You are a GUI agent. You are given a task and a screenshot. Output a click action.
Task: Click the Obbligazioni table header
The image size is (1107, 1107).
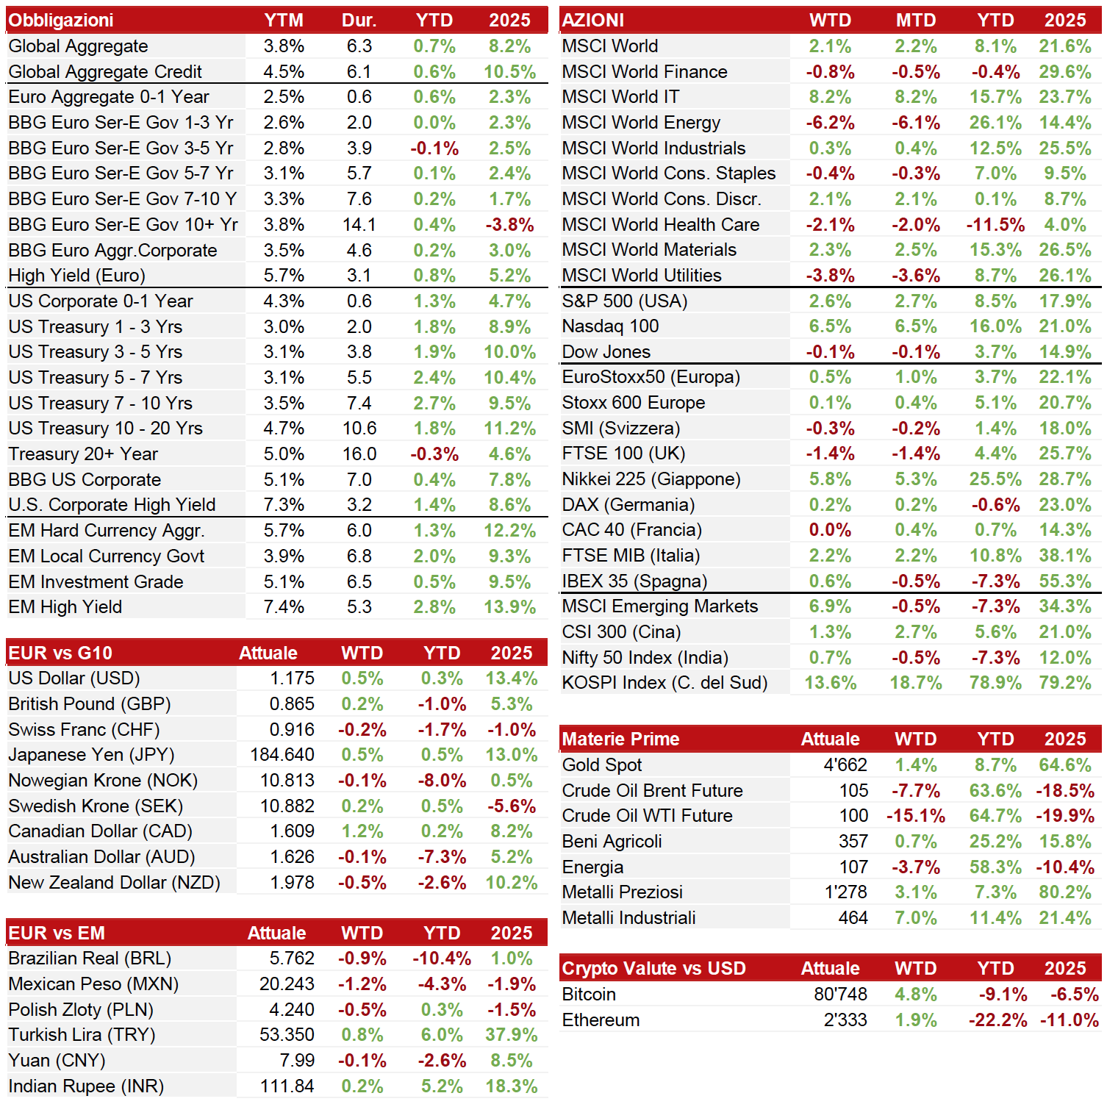point(61,21)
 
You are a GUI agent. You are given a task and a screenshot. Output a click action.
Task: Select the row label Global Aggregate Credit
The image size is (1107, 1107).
point(105,72)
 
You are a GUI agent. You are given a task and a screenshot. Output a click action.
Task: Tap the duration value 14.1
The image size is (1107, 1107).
point(359,225)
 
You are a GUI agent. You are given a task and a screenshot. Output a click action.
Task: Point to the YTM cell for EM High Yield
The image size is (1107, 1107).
point(284,607)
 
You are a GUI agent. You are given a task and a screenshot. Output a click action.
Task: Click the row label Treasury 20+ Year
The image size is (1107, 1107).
point(83,454)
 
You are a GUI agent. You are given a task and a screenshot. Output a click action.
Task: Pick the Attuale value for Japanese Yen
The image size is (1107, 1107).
point(282,755)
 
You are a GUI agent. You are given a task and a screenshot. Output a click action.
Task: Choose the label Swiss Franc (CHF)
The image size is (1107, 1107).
point(84,730)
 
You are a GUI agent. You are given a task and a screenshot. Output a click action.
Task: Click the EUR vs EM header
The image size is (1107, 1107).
point(57,934)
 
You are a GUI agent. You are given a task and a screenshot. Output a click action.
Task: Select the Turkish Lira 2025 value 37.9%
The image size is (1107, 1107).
point(512,1035)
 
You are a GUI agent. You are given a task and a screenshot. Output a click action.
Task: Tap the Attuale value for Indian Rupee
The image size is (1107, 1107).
point(287,1086)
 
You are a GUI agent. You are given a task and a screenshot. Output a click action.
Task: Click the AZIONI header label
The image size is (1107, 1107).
point(593,21)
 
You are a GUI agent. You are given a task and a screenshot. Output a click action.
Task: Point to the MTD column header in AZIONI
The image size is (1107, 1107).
point(916,21)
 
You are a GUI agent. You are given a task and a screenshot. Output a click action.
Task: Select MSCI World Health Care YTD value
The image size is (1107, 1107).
point(996,225)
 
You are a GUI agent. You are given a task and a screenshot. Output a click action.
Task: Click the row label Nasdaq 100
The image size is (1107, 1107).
point(611,326)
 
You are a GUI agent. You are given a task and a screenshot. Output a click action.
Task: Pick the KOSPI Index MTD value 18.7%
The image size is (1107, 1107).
point(916,683)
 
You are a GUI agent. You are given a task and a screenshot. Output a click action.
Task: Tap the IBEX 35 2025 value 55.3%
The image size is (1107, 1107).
point(1065,581)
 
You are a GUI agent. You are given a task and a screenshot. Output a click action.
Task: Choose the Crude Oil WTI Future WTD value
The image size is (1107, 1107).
point(916,816)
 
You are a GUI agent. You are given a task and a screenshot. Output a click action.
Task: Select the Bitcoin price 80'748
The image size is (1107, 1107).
point(841,995)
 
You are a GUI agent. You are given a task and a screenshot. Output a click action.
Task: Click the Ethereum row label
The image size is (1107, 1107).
point(601,1020)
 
